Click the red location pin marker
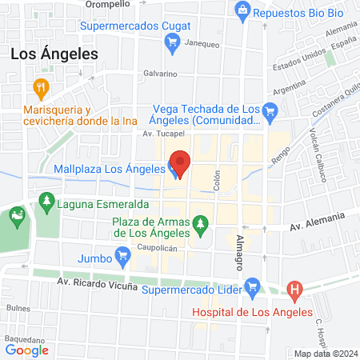(180, 163)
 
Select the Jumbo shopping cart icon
(122, 258)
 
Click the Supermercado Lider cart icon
(253, 286)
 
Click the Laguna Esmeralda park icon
(48, 203)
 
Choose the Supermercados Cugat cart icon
(171, 47)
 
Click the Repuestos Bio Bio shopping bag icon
(242, 11)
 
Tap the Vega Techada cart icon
(270, 111)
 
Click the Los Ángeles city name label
(54, 54)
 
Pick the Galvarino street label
(160, 72)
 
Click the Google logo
(26, 349)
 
